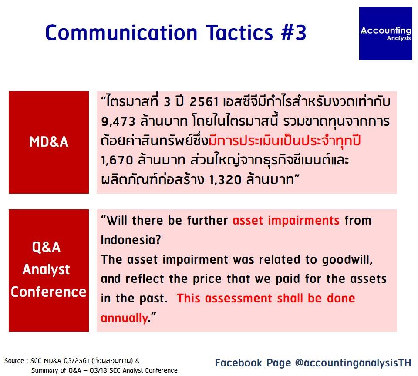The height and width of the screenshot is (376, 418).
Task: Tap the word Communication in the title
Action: (x=121, y=33)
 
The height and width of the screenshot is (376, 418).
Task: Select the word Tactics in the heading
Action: (x=239, y=33)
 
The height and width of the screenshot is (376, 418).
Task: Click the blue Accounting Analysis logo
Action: (x=385, y=34)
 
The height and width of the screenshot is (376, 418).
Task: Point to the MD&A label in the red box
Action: (x=49, y=141)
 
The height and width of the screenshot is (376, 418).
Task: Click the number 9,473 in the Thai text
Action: (x=118, y=122)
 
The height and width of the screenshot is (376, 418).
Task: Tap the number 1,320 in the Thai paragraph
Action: (x=225, y=180)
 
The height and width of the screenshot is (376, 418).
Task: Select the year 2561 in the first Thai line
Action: (x=204, y=102)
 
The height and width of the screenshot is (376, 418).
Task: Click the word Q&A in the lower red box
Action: (x=47, y=247)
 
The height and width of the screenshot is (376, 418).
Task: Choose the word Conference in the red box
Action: (x=48, y=292)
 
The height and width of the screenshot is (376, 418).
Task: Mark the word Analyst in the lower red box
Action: (x=46, y=269)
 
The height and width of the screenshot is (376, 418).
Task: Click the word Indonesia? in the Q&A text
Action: (x=131, y=240)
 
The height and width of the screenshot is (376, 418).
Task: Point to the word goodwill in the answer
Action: (x=347, y=259)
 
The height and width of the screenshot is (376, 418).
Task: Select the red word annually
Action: (x=124, y=318)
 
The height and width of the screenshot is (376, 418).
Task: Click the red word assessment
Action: (x=238, y=299)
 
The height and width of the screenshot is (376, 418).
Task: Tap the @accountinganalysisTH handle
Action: (x=353, y=363)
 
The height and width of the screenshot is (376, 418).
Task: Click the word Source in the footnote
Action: (x=14, y=361)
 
